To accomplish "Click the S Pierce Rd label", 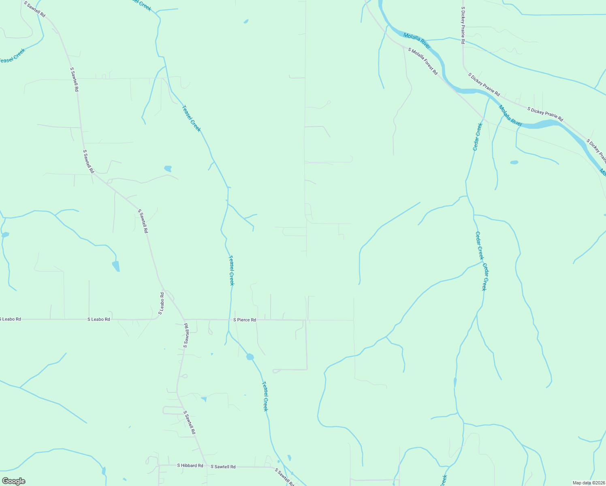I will pos(245,320).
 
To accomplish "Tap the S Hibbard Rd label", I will pos(190,466).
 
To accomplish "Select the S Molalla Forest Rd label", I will pos(423,61).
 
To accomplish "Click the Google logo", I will pos(13,481).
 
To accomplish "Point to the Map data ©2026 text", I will pos(588,483).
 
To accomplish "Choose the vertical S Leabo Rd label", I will pos(162,304).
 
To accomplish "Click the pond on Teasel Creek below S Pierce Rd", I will pos(250,357).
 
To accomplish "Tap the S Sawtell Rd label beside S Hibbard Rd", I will pos(223,467).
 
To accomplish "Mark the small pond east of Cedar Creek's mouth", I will pos(514,162).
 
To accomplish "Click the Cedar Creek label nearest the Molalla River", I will pos(478,136).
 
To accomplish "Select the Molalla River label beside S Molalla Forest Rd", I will pos(417,41).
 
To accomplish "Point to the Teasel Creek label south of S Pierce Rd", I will pos(265,396).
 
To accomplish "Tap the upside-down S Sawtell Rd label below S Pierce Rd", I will pos(186,335).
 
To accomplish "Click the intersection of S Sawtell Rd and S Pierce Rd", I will pos(184,320).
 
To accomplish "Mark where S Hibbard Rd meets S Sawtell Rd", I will pos(206,466).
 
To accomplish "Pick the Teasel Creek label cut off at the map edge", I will pos(12,56).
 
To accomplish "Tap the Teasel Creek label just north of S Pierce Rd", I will pos(231,270).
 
